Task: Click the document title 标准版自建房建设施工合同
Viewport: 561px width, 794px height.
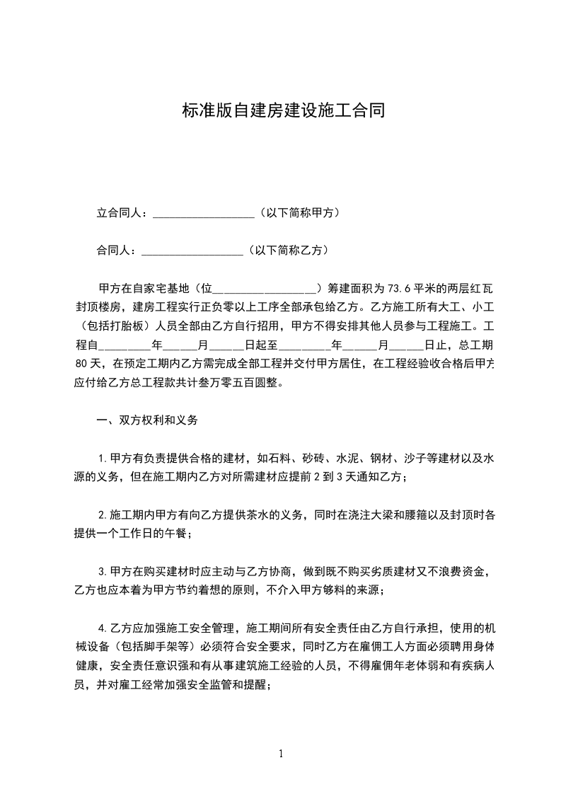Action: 283,111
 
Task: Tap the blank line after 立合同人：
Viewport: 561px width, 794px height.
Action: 203,212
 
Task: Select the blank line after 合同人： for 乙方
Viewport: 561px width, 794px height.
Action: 192,250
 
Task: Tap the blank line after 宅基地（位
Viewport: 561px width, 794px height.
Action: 265,289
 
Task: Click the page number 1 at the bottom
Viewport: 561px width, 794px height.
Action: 281,754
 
